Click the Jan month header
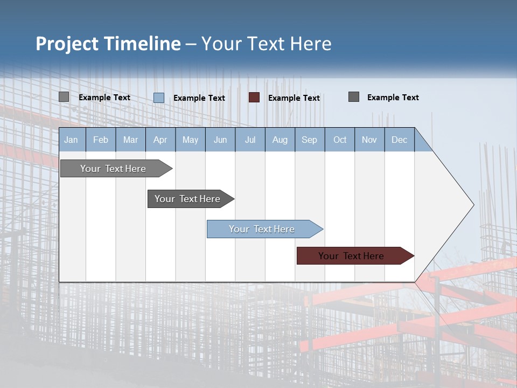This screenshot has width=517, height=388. tap(72, 140)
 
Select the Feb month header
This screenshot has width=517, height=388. tap(101, 140)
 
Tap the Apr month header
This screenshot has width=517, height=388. tap(160, 140)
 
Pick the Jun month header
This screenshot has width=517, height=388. tap(220, 140)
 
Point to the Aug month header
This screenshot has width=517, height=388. tap(280, 140)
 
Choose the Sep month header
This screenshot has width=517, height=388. tap(310, 140)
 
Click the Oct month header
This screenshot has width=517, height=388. tap(340, 140)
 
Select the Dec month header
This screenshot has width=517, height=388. tap(400, 140)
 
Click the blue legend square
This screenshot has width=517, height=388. tap(159, 98)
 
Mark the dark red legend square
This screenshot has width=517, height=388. tap(254, 97)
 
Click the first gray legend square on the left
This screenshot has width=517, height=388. tap(64, 97)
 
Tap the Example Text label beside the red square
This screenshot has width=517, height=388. tap(294, 98)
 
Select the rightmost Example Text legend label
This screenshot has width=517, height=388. tap(393, 98)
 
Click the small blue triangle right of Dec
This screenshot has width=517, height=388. tap(422, 144)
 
